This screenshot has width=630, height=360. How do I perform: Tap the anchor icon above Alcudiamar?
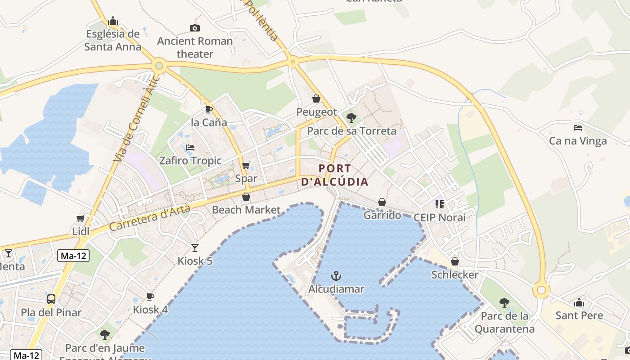point(336,275)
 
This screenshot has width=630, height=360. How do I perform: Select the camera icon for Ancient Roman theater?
point(195,28)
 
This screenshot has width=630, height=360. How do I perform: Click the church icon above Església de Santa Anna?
point(113,21)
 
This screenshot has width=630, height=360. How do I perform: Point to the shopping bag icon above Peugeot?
point(316,99)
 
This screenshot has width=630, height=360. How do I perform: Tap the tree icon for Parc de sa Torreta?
point(351,118)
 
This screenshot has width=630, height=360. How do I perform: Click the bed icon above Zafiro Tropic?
point(190,148)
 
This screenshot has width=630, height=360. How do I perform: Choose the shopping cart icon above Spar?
point(246,166)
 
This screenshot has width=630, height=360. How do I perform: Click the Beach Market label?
point(246,210)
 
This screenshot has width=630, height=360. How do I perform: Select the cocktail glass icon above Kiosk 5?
point(194,247)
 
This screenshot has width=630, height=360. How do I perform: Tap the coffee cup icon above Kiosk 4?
point(150,297)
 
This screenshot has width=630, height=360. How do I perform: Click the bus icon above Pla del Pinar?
point(51,299)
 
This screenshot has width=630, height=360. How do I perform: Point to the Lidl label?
point(81,231)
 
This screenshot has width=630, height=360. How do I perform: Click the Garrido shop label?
point(382,215)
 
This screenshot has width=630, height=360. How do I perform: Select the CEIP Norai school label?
point(439,218)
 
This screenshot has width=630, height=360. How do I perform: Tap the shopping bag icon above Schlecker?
point(455,261)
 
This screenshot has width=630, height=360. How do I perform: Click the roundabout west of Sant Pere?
point(541,290)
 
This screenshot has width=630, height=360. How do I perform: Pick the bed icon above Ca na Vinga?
point(578,128)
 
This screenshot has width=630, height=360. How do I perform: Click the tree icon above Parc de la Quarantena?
point(504,303)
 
